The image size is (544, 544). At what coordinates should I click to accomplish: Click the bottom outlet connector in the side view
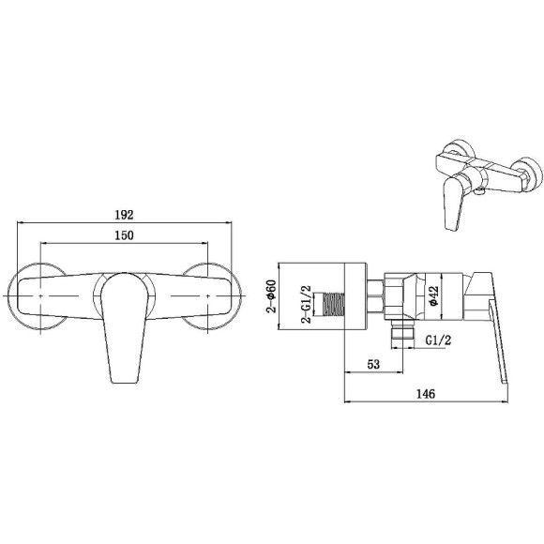click(401, 330)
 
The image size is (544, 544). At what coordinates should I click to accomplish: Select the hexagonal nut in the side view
click(373, 295)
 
